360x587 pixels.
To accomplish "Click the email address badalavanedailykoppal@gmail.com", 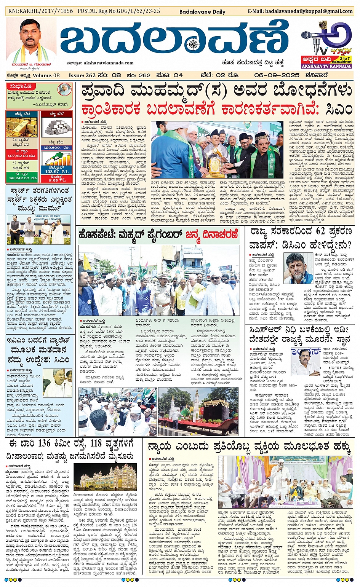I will click(309, 11).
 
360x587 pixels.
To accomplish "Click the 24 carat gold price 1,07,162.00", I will click(22, 156).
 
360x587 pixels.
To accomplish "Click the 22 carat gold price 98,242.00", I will click(22, 178).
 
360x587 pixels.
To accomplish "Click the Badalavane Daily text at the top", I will click(202, 12).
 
